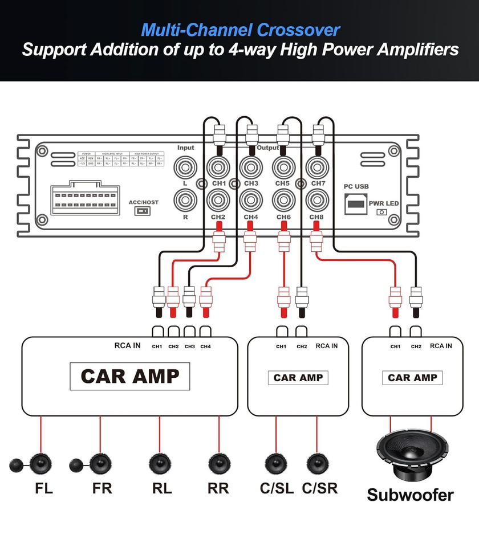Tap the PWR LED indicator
pos(381,212)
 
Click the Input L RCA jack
pos(185,168)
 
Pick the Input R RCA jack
pos(185,201)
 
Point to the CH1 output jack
pos(219,168)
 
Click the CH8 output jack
pos(316,201)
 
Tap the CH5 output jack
pos(282,168)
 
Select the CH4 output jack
pos(251,201)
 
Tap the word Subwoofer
pos(410,495)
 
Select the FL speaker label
pos(43,488)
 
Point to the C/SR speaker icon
pos(316,463)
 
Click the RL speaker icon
pos(160,463)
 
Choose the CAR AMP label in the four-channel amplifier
pos(130,376)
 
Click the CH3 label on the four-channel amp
pos(190,346)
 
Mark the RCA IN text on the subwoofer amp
pos(441,346)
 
